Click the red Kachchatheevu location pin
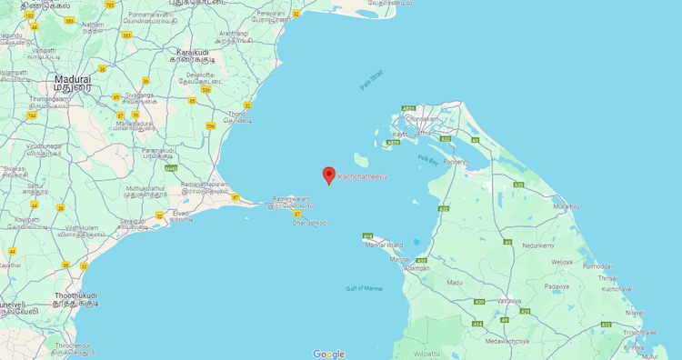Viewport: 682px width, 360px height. point(329,175)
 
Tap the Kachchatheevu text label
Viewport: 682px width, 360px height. point(362,176)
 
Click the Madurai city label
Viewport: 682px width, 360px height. point(73,80)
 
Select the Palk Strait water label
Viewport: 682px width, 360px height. point(371,80)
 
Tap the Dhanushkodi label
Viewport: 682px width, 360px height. point(310,222)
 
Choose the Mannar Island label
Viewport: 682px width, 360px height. point(382,245)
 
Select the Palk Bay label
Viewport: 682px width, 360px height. point(428,158)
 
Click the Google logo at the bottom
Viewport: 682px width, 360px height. point(328,354)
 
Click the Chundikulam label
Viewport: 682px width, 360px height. point(423,118)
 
